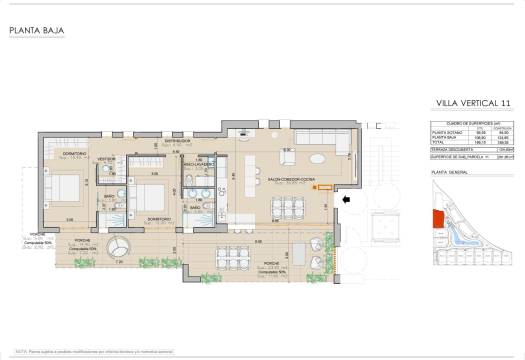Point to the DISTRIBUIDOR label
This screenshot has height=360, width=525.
pos(180,142)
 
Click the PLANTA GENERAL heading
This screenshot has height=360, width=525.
pos(450,172)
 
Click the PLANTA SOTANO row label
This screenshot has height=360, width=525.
pos(446,131)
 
